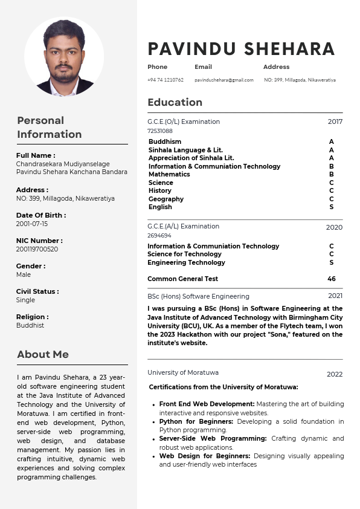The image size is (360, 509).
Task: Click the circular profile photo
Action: [64, 56]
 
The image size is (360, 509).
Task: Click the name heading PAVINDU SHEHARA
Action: [241, 49]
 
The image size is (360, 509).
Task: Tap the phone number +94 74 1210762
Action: [166, 80]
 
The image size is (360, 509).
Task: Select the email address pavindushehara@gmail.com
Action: [224, 80]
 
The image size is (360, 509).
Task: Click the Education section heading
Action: [175, 102]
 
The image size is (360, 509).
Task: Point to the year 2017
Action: [335, 122]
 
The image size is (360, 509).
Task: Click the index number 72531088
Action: [160, 131]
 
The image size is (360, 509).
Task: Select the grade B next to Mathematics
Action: [332, 174]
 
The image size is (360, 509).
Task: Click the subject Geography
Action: [166, 199]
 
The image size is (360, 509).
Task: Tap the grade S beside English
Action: [332, 207]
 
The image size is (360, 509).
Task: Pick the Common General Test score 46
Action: [332, 279]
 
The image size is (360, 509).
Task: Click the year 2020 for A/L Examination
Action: [334, 227]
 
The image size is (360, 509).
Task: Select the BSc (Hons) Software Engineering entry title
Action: [198, 296]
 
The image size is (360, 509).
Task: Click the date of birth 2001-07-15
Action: [32, 224]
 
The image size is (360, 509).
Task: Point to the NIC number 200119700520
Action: [37, 249]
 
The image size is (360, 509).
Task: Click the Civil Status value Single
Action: [26, 300]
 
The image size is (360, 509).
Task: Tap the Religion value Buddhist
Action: [30, 325]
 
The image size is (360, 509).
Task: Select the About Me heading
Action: [43, 354]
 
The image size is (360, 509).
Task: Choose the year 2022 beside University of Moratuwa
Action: [335, 374]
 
